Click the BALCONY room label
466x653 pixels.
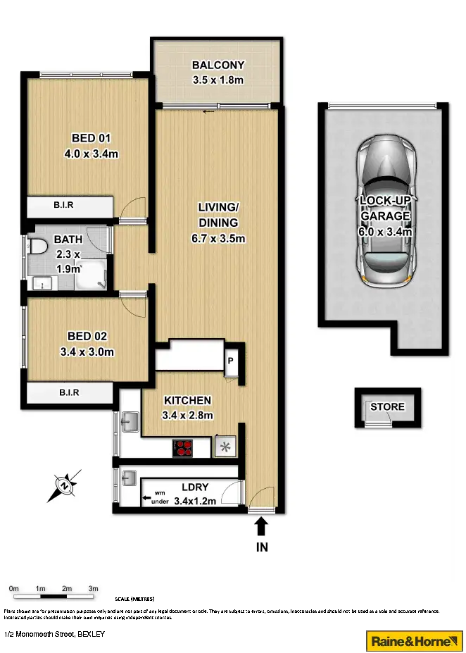(x=218, y=66)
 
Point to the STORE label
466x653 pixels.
(x=387, y=407)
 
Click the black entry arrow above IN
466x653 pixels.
(x=261, y=526)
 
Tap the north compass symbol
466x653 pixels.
(x=65, y=485)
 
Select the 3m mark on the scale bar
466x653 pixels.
(x=93, y=589)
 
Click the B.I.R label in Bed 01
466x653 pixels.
(x=64, y=206)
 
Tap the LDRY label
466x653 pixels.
(x=194, y=487)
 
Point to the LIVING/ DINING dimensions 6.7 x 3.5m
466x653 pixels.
(x=218, y=238)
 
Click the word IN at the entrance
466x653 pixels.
(x=261, y=546)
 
